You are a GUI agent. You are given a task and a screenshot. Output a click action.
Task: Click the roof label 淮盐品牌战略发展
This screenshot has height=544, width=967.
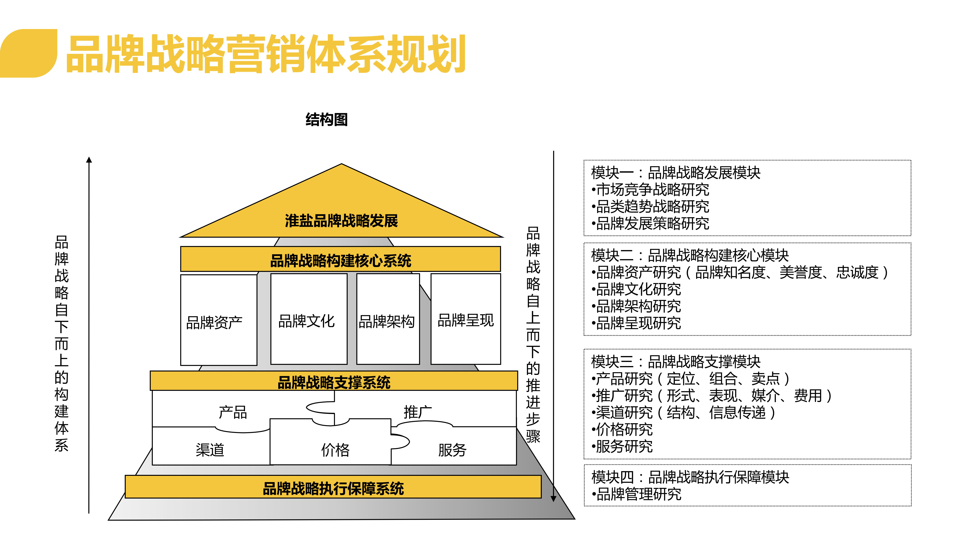(341, 221)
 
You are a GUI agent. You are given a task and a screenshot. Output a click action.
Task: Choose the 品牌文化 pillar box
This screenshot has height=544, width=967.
(309, 319)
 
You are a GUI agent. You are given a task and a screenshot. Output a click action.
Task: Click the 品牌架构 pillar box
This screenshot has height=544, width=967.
(388, 319)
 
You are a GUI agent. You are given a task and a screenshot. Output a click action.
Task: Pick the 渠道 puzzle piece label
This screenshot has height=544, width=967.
(210, 450)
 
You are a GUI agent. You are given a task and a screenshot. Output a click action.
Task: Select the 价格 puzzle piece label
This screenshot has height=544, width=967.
(335, 450)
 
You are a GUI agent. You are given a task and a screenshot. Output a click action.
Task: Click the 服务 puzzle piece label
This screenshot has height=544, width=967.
(452, 450)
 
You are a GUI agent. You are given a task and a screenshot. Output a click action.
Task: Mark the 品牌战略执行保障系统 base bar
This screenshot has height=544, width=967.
(333, 487)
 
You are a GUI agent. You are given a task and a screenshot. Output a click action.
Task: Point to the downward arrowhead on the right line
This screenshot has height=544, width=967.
(553, 499)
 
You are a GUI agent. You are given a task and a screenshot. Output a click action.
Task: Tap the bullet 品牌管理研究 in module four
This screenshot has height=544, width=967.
(636, 494)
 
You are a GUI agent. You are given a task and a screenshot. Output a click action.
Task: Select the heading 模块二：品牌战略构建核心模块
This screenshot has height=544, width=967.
(690, 255)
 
